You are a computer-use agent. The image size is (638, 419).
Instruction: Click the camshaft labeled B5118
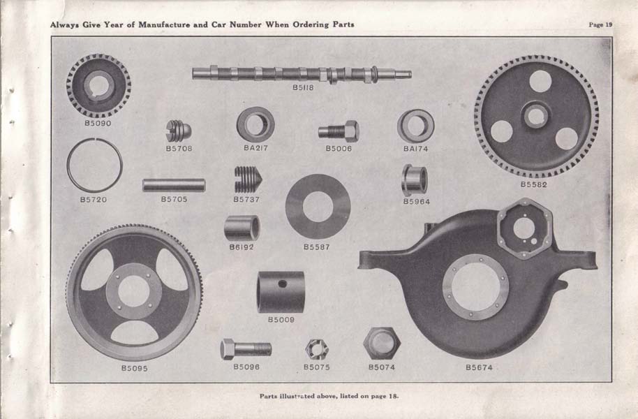(x=302, y=74)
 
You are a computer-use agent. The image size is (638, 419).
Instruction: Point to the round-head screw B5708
(x=179, y=131)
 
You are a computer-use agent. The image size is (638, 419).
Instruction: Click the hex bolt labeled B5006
(x=339, y=131)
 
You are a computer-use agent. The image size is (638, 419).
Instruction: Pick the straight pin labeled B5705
(x=174, y=185)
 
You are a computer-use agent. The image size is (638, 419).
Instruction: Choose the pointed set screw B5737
(x=248, y=179)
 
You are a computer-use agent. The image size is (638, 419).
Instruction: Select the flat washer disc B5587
(x=293, y=207)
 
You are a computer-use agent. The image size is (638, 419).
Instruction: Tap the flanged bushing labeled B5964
(x=415, y=179)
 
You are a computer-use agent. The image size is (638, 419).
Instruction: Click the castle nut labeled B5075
(x=317, y=349)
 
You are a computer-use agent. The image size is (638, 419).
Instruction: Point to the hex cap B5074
(x=382, y=344)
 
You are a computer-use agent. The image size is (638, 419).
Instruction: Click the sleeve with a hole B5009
(x=281, y=292)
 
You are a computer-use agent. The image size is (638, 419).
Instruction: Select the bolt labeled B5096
(x=246, y=349)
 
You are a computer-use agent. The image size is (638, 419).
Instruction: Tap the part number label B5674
(x=479, y=367)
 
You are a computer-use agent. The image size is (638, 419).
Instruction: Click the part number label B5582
(x=534, y=184)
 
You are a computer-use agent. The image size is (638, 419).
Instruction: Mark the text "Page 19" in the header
(x=600, y=24)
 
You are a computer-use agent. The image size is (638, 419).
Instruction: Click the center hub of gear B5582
(x=536, y=116)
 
